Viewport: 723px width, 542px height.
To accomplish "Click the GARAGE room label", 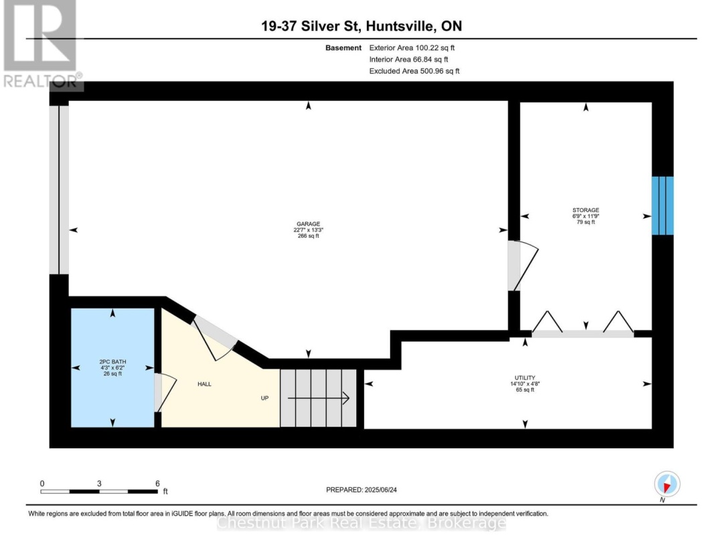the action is tap(309, 224).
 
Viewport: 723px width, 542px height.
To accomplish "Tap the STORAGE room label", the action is tap(586, 210).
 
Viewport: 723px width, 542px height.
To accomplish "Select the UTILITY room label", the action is tap(525, 378).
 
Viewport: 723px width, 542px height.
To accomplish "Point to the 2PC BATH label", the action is tap(112, 362).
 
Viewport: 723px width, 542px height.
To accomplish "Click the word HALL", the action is tap(204, 384).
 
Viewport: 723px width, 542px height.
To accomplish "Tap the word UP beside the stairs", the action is tap(264, 398).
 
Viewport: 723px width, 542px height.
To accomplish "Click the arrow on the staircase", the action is tap(318, 397).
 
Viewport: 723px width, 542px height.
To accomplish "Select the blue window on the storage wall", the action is tap(663, 205).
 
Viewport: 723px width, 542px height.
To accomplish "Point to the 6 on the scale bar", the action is tap(157, 484).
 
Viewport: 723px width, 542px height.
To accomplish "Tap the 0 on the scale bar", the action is tap(42, 484).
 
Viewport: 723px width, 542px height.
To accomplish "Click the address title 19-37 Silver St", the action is tap(311, 26).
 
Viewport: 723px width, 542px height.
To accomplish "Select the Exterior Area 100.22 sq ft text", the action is tap(412, 48).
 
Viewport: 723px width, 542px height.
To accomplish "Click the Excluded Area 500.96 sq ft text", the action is tap(414, 71).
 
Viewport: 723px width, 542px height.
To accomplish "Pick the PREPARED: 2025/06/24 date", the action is tap(361, 490).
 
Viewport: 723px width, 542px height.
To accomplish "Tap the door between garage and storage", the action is tap(523, 266).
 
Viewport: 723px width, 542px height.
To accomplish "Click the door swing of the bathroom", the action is tap(165, 392).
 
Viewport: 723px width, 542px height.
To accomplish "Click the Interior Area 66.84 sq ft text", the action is tap(408, 60).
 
